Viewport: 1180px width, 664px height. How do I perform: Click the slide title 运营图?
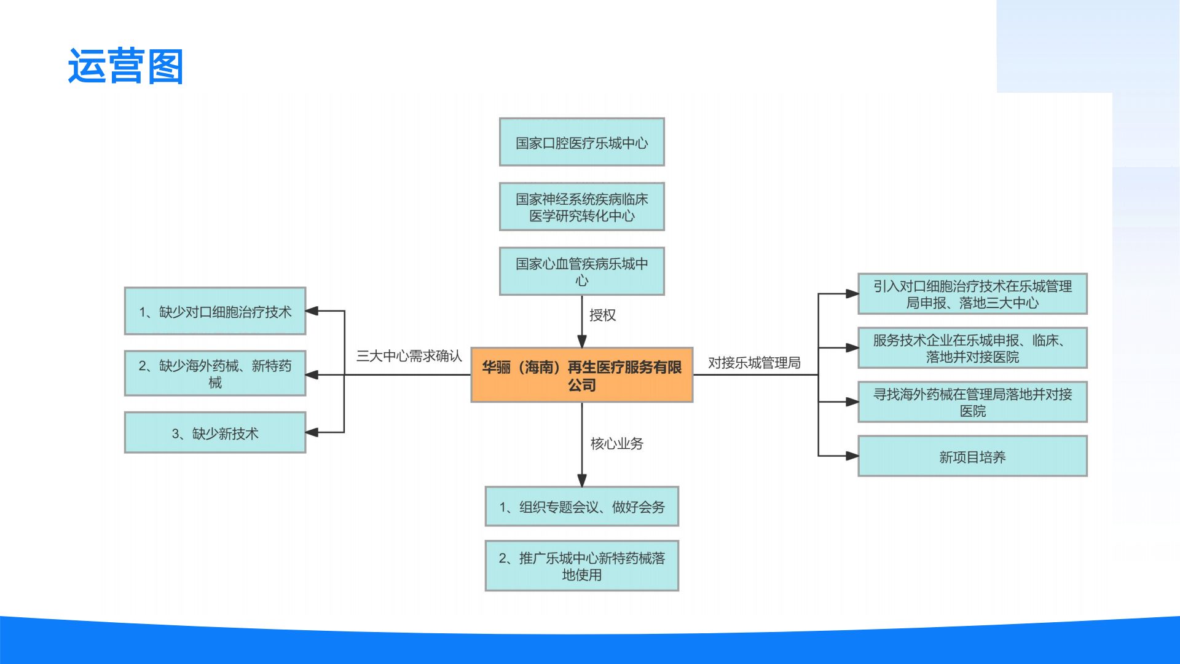click(125, 66)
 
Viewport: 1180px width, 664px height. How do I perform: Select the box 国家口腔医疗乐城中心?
click(581, 143)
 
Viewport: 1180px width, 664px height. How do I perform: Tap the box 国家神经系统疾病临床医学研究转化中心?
click(581, 207)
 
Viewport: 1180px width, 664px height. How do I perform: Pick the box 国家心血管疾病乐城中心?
click(581, 271)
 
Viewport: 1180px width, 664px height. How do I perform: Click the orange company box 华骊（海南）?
click(581, 375)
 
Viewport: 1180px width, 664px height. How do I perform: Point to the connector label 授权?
click(602, 315)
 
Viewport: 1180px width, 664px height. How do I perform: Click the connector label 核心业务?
click(616, 443)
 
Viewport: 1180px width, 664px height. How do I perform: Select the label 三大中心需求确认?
click(409, 356)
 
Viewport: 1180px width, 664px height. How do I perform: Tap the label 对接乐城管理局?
click(754, 363)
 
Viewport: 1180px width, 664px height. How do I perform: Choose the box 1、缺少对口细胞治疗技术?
click(215, 311)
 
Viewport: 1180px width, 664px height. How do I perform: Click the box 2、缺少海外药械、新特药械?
click(215, 373)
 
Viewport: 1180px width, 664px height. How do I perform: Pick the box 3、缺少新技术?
click(215, 433)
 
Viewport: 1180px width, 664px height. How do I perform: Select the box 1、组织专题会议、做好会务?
click(581, 507)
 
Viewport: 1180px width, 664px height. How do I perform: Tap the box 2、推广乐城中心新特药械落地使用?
click(581, 566)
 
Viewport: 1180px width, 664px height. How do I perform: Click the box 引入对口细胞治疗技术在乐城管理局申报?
click(972, 294)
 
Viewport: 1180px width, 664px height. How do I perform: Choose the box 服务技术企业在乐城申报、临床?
click(972, 348)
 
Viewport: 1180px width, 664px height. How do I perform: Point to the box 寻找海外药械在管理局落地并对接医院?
click(972, 402)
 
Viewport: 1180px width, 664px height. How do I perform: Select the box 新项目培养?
click(972, 456)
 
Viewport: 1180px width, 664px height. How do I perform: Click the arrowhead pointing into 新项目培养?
click(852, 456)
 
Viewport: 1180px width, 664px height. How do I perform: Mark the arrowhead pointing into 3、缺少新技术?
click(312, 432)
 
